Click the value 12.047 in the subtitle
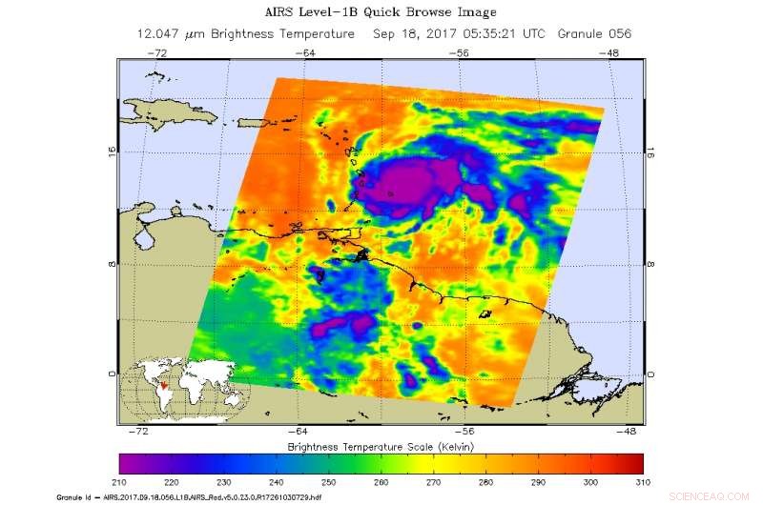tap(161, 33)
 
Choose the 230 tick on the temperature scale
tap(219, 481)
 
